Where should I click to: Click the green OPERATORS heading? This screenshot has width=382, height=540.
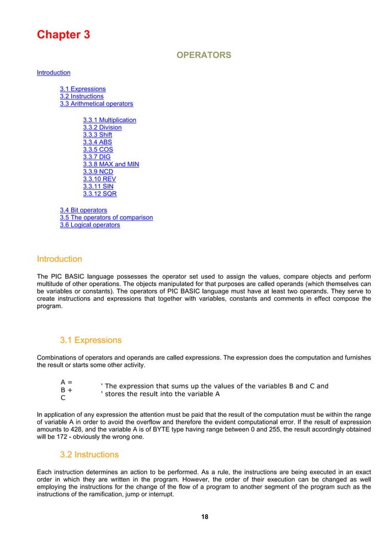click(202, 56)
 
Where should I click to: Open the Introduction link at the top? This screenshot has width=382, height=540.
click(53, 73)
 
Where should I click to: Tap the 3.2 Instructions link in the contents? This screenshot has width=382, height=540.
click(81, 96)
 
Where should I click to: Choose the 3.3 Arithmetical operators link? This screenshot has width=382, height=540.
click(96, 104)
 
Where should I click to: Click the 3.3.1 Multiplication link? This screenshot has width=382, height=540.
click(110, 120)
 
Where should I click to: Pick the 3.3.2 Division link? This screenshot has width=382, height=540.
click(102, 127)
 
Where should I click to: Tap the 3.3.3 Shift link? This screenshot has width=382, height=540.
click(98, 135)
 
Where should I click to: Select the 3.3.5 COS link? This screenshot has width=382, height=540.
click(98, 150)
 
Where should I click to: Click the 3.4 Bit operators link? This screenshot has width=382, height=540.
click(84, 210)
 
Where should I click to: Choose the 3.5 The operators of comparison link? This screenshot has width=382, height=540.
click(106, 218)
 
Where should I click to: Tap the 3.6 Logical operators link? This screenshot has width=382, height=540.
click(90, 225)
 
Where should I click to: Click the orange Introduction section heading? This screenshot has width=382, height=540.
click(59, 260)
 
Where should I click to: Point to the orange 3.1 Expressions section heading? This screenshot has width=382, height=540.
click(90, 341)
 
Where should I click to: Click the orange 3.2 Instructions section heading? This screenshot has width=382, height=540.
click(89, 454)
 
